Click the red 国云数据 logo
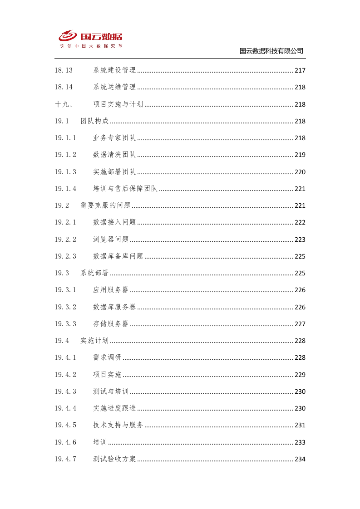point(91,38)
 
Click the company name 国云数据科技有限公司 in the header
point(271,51)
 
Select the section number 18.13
point(64,70)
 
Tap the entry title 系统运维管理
point(114,87)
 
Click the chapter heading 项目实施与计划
point(118,104)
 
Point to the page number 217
point(300,70)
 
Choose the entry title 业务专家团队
point(114,138)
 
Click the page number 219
point(300,155)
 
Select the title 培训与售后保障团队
point(125,189)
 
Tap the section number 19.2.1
point(65,222)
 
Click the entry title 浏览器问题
point(111,240)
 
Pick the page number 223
point(300,240)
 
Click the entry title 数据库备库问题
point(118,256)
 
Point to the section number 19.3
point(62,273)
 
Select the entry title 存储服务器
point(111,324)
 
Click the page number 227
point(300,324)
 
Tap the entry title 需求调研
point(107,357)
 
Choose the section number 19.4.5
point(65,425)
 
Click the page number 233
point(300,442)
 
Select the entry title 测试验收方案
point(114,459)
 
